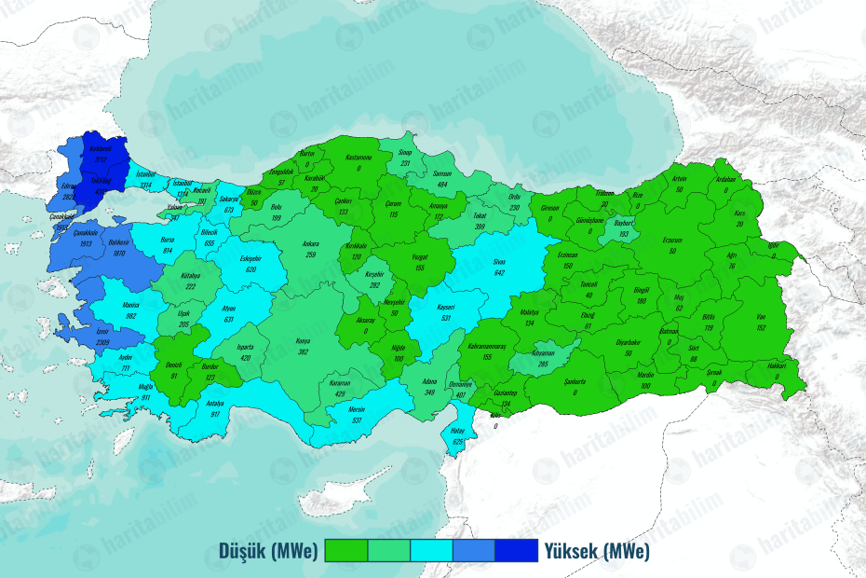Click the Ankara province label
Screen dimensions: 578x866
(x=310, y=244)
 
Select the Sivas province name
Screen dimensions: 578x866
(x=498, y=262)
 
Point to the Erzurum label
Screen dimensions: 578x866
(x=672, y=241)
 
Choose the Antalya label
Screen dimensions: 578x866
(x=215, y=404)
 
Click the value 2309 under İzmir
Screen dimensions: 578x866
(x=102, y=343)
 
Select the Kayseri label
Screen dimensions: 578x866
(x=445, y=307)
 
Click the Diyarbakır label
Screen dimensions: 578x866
(x=629, y=343)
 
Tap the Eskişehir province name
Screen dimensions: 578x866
(x=250, y=258)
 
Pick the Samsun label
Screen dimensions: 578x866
(x=442, y=174)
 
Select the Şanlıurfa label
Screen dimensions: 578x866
(x=575, y=381)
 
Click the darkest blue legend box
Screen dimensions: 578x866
(x=516, y=552)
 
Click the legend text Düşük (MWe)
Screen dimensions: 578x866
(x=269, y=552)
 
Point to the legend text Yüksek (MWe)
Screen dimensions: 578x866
(x=597, y=552)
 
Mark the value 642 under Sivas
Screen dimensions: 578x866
(x=499, y=272)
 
